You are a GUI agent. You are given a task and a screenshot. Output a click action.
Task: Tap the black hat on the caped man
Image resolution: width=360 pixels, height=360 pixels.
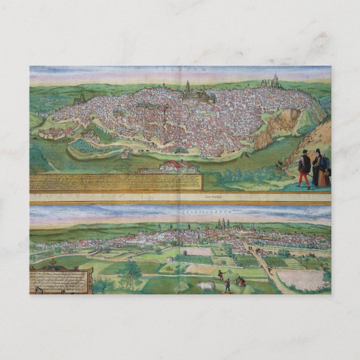[304, 151]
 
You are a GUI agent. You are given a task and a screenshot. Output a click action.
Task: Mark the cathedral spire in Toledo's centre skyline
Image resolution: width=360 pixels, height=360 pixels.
[188, 86]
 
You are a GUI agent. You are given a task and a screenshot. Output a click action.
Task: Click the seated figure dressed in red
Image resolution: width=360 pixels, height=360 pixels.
[241, 282]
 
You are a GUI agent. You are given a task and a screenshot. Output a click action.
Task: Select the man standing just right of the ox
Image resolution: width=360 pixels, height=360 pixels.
[227, 286]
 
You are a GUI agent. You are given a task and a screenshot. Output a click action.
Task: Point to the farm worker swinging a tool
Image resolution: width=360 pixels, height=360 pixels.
[220, 274]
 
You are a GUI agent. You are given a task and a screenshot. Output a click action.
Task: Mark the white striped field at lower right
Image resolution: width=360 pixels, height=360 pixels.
[302, 280]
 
